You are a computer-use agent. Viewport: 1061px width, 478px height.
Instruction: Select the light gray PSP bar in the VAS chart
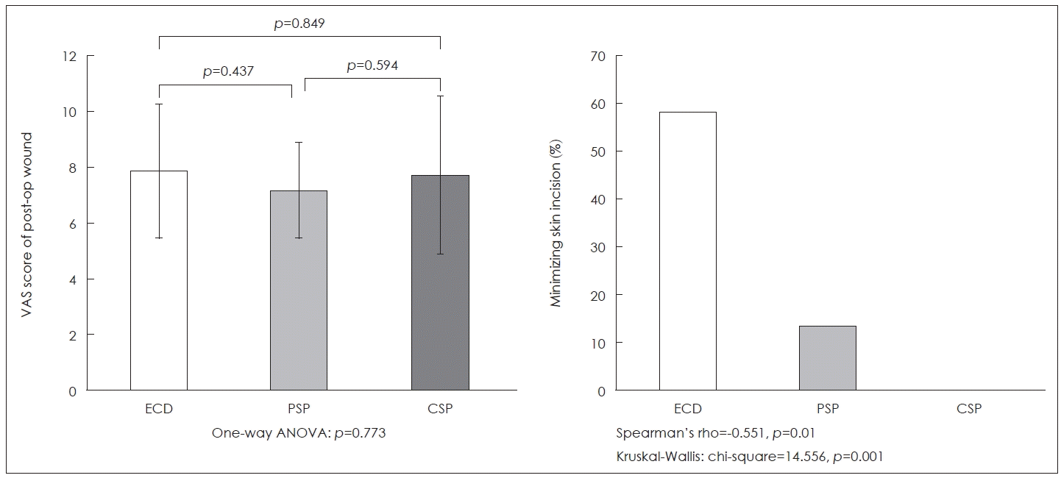(299, 309)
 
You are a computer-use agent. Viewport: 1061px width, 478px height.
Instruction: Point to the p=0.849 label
(299, 24)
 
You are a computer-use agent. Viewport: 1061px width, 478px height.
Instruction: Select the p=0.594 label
(372, 65)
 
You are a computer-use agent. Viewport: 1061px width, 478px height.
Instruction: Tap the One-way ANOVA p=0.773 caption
(299, 433)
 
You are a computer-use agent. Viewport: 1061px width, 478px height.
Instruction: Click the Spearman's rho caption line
(714, 433)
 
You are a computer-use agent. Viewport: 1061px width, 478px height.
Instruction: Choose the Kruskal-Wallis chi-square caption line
(750, 457)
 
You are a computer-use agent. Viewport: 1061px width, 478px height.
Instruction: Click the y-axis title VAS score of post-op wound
(26, 224)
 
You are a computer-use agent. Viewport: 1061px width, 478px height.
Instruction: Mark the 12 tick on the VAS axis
(71, 56)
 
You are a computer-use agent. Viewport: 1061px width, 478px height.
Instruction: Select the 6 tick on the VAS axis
(74, 224)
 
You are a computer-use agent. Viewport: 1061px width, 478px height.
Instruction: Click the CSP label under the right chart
(968, 409)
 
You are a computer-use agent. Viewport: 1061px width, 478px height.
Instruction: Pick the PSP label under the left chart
(299, 409)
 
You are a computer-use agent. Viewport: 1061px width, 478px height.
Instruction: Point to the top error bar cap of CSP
(439, 96)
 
